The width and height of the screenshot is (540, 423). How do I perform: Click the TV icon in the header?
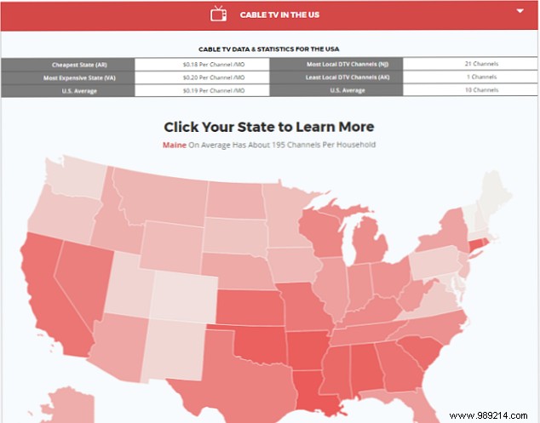point(219,14)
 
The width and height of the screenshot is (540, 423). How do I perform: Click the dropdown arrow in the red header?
point(520,11)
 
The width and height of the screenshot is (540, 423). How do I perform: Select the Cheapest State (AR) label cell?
point(67,64)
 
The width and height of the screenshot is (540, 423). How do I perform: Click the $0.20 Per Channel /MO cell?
point(203,77)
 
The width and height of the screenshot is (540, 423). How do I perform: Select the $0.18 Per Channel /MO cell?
point(203,64)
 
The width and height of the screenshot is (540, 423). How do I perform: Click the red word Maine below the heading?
point(174,145)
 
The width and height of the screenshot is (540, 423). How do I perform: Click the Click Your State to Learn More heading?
point(268,127)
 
